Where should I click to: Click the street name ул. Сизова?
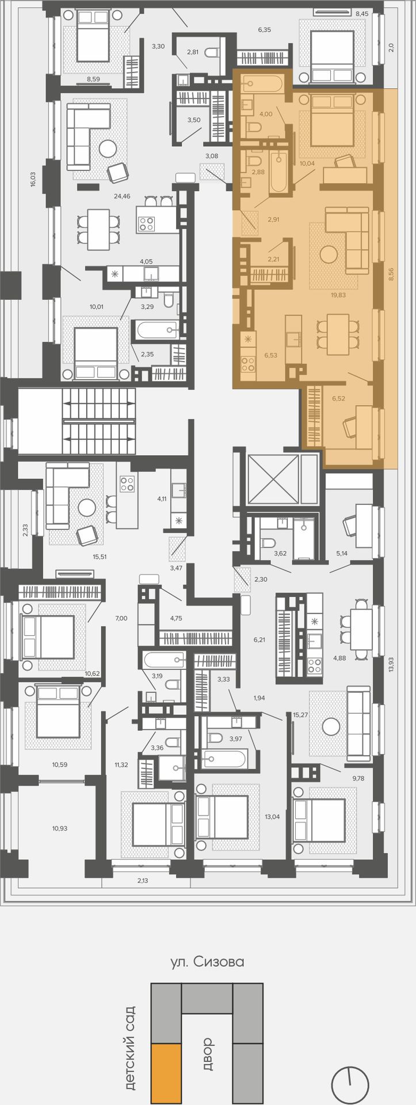pos(207,961)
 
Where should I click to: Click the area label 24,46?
pos(122,196)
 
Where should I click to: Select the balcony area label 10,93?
pos(59,828)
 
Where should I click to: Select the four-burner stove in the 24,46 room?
pos(146,223)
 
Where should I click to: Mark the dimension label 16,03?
pos(33,178)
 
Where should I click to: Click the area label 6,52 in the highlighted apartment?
pos(338,398)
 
